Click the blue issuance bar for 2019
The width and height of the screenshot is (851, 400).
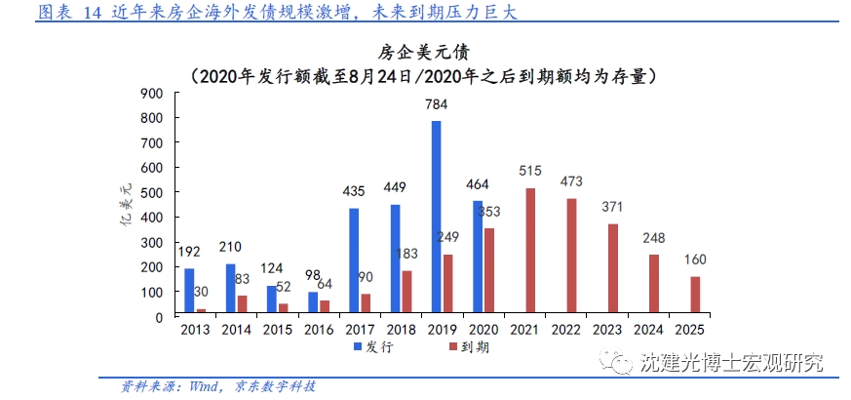pos(436,219)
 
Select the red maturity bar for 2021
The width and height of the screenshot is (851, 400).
pos(530,252)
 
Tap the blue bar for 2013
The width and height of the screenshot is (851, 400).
pos(189,292)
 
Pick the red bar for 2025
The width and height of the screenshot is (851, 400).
pos(694,296)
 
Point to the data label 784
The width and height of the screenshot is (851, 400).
pos(437,104)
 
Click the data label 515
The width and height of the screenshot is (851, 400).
pos(530,171)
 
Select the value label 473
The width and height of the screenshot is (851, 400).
pos(572,181)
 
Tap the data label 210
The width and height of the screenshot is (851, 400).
pos(230,246)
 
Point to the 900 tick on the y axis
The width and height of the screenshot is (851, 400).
pos(151,93)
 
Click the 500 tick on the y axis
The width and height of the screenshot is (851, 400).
pos(151,192)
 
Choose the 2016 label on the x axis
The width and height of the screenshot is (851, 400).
pos(319,331)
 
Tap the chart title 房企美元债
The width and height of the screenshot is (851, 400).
pos(425,52)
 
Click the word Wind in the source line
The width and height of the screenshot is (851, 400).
pos(197,386)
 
